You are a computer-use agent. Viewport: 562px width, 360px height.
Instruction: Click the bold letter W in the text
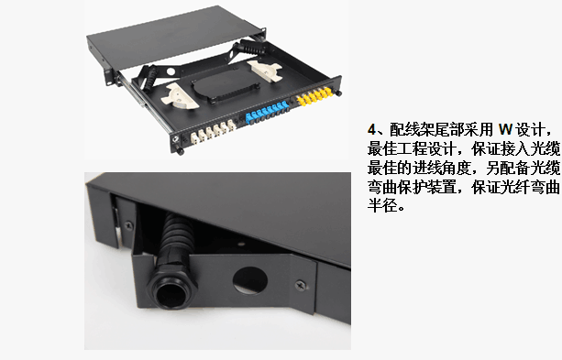[505, 129]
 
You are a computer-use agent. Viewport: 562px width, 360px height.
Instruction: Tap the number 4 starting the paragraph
[371, 129]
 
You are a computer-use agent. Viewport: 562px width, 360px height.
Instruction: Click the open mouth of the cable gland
[172, 294]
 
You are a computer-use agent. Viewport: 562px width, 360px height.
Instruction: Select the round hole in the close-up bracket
[249, 280]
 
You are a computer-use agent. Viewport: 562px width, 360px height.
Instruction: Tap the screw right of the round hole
[301, 285]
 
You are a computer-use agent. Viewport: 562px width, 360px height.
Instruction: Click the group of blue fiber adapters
[267, 113]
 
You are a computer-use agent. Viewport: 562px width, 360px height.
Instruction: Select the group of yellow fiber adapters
[314, 96]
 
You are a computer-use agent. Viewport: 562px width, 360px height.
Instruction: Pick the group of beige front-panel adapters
[213, 132]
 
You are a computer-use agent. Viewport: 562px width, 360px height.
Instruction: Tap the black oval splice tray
[225, 85]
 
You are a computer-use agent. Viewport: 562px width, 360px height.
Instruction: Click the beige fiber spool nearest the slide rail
[180, 96]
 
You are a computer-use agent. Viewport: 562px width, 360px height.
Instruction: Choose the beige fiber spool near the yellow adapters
[264, 71]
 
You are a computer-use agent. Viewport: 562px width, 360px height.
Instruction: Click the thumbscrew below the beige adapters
[179, 151]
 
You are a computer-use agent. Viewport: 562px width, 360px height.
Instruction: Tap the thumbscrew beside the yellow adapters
[338, 93]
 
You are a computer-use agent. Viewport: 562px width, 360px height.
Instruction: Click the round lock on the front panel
[176, 138]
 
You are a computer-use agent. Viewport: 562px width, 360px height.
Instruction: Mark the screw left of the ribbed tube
[128, 225]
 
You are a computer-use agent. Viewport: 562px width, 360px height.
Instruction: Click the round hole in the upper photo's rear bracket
[171, 72]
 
